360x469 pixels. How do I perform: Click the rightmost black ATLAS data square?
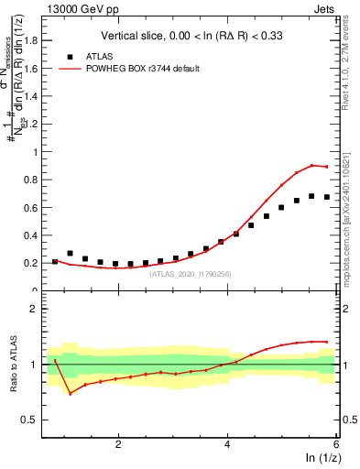point(326,197)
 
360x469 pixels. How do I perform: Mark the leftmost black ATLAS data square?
point(55,262)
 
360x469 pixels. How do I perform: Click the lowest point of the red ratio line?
point(71,393)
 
